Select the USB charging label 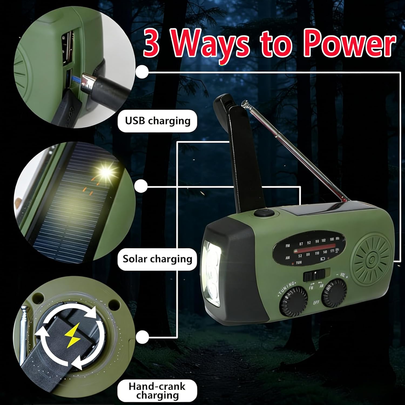(x=158, y=121)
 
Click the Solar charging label (x=157, y=259)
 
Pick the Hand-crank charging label (x=157, y=391)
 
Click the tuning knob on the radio (x=293, y=301)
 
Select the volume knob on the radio (x=334, y=293)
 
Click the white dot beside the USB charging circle (x=142, y=72)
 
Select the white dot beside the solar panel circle (x=141, y=186)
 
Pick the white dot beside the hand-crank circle (x=142, y=337)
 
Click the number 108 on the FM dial (x=332, y=239)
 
